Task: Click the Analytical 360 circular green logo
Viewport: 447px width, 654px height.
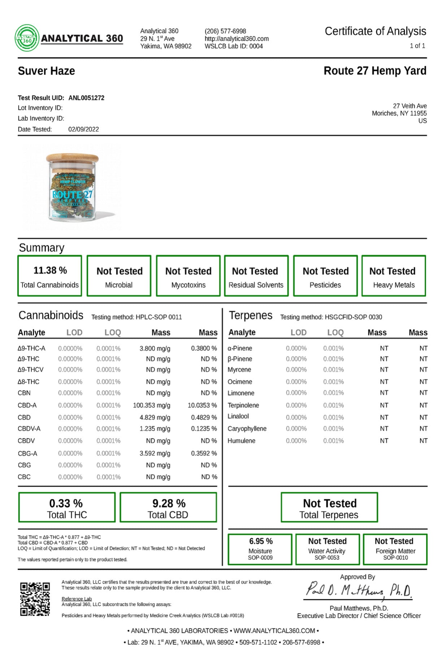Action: pos(27,38)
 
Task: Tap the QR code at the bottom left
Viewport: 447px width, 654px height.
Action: pos(35,599)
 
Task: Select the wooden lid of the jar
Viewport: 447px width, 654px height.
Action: pos(72,159)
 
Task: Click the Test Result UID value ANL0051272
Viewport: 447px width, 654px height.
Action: pos(86,98)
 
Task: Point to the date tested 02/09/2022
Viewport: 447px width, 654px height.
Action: pos(83,129)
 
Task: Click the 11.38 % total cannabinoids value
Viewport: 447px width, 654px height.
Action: pos(50,270)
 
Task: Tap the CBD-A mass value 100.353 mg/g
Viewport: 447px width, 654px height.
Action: pos(152,405)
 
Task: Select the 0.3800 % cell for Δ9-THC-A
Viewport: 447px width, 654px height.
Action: pos(204,348)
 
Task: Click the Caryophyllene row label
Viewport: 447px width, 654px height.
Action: pos(247,429)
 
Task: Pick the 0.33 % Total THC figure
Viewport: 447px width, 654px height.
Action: pos(66,503)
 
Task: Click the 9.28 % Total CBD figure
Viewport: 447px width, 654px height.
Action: pos(169,503)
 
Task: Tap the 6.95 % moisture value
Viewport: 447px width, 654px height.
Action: pos(261,541)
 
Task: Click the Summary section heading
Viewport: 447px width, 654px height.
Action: pos(42,248)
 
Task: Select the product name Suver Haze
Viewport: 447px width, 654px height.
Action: pos(47,71)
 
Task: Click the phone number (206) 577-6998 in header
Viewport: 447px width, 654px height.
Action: pos(225,31)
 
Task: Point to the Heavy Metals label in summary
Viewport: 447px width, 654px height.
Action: pos(394,285)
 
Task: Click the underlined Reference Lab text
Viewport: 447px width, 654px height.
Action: pos(77,599)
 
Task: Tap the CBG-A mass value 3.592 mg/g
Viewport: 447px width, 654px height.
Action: pos(155,453)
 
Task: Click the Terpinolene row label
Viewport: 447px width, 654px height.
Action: pos(243,405)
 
